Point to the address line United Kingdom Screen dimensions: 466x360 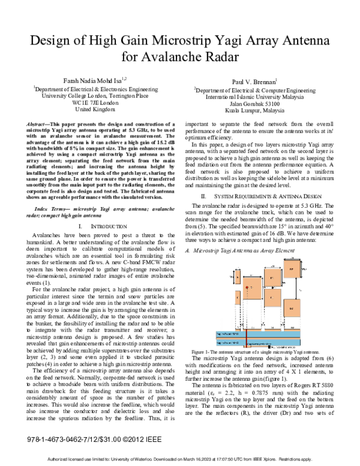click(x=96, y=110)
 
